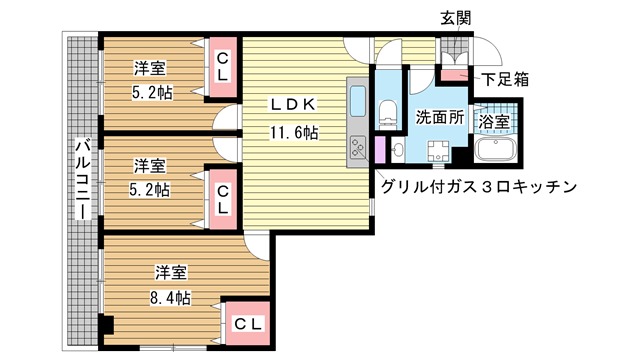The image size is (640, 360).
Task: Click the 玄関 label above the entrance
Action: pyautogui.click(x=456, y=18)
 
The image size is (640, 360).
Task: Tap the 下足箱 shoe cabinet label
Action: pyautogui.click(x=505, y=79)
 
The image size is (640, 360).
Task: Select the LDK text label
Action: pyautogui.click(x=293, y=104)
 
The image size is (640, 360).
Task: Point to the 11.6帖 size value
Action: pyautogui.click(x=294, y=133)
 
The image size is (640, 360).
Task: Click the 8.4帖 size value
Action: pyautogui.click(x=170, y=298)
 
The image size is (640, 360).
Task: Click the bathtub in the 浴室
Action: pyautogui.click(x=495, y=150)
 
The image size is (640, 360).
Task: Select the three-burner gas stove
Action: pyautogui.click(x=357, y=147)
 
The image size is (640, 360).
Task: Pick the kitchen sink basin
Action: pyautogui.click(x=358, y=101)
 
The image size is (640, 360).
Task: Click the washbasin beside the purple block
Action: pyautogui.click(x=397, y=150)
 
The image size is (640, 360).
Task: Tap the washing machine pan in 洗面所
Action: pyautogui.click(x=438, y=152)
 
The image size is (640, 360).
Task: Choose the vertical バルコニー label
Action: pyautogui.click(x=83, y=179)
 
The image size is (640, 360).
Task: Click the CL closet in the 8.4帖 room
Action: pyautogui.click(x=248, y=324)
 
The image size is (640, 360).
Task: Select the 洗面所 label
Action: pyautogui.click(x=440, y=117)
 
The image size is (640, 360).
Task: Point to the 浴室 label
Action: pyautogui.click(x=493, y=122)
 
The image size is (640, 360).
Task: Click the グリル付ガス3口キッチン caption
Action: pyautogui.click(x=479, y=187)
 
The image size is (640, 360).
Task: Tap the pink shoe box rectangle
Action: pyautogui.click(x=453, y=76)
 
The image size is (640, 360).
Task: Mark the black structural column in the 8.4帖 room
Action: pyautogui.click(x=107, y=325)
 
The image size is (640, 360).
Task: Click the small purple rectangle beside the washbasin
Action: pyautogui.click(x=380, y=150)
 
